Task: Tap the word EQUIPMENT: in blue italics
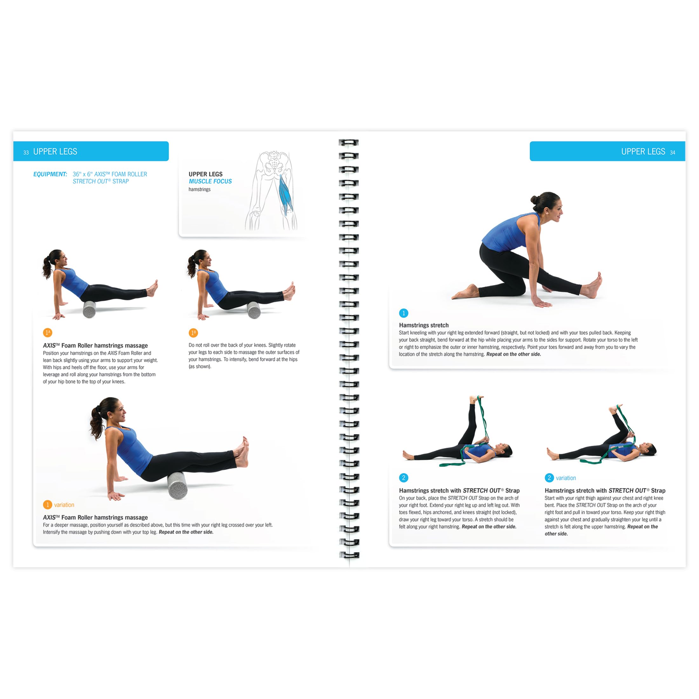click(50, 174)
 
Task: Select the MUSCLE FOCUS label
click(210, 181)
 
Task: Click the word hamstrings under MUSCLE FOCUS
click(199, 189)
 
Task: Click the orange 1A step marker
click(47, 332)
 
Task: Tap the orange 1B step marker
click(193, 332)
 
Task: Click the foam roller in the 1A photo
click(89, 309)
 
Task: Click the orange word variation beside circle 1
click(64, 505)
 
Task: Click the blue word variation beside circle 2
click(566, 478)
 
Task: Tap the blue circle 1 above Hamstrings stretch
click(404, 313)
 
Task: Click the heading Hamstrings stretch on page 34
click(424, 325)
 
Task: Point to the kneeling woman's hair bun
click(534, 199)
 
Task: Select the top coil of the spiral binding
click(349, 143)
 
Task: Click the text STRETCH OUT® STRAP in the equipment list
click(101, 181)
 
